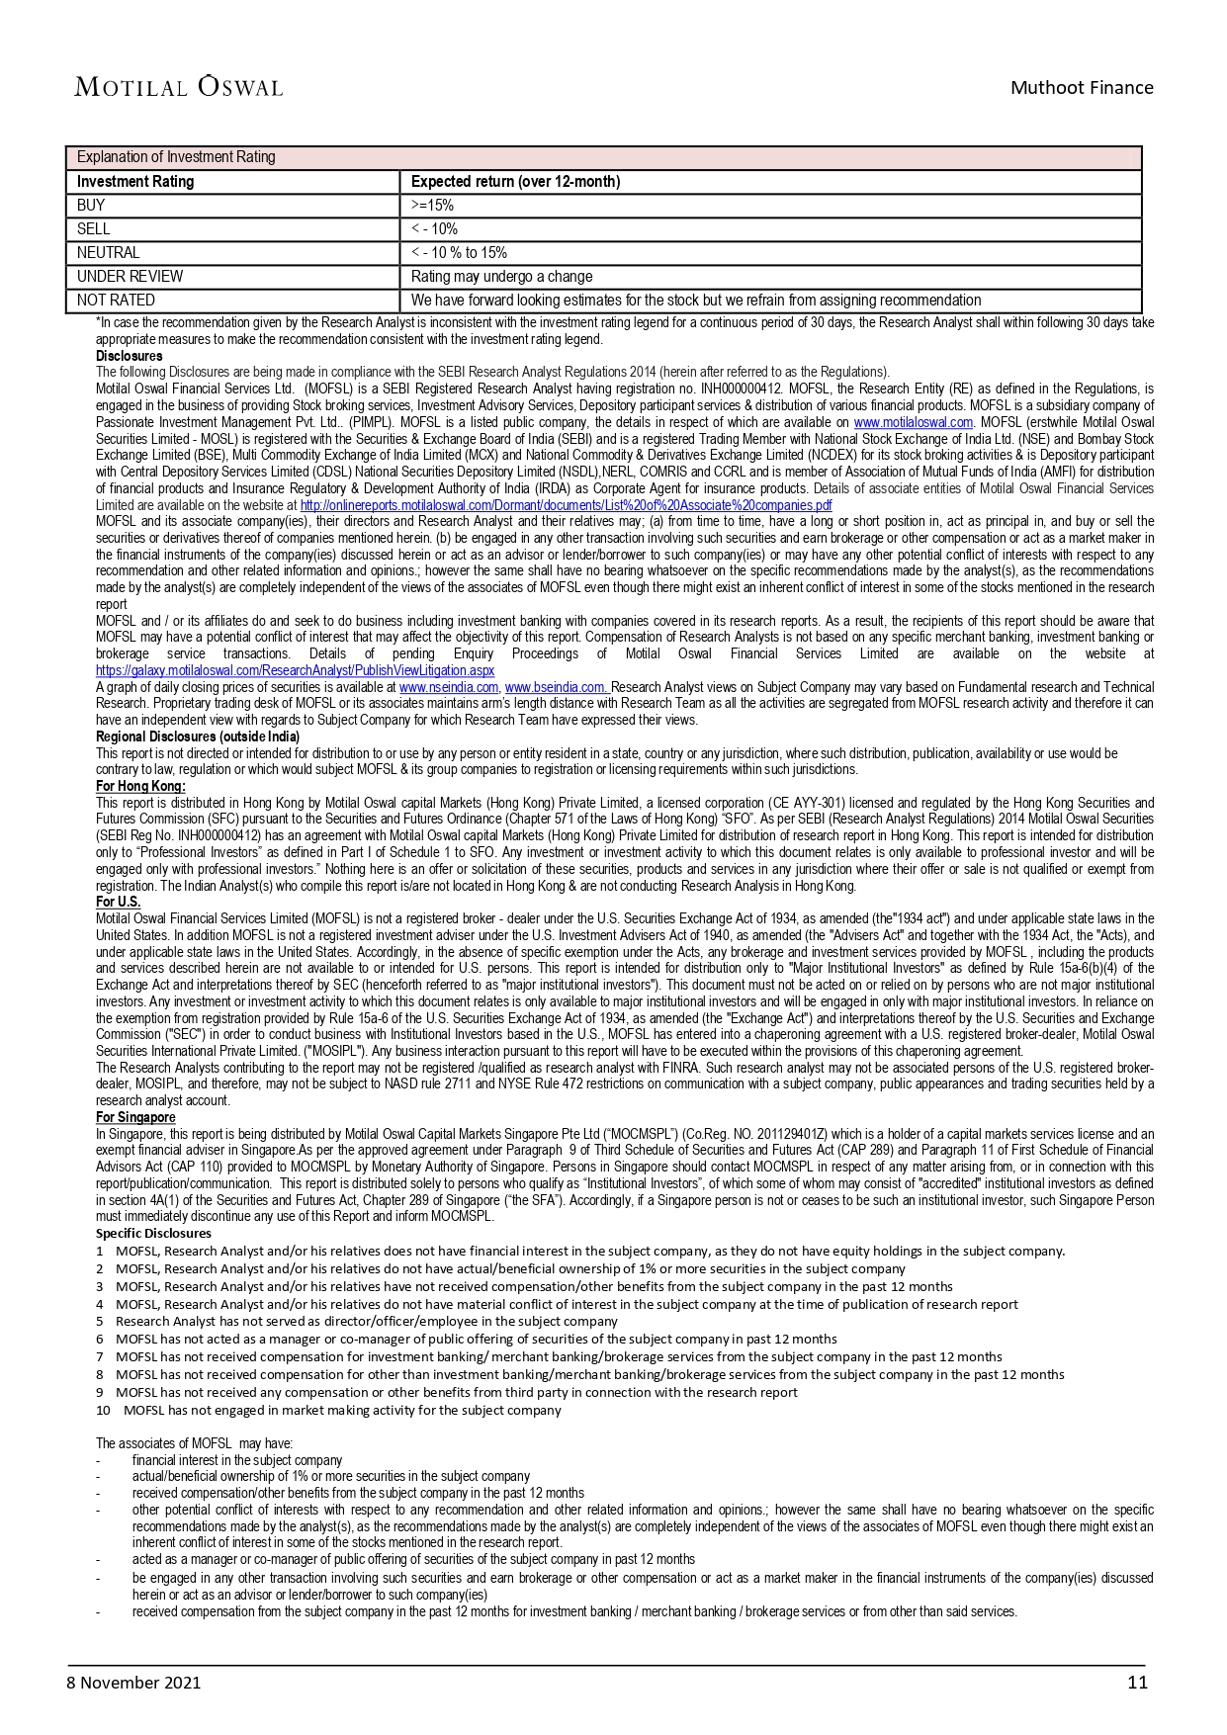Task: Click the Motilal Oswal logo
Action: pos(178,87)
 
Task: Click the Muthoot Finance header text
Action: pos(1081,88)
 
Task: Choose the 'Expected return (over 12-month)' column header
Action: pos(515,182)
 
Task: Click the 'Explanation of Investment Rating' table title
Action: pos(176,157)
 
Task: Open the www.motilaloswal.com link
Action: pos(914,422)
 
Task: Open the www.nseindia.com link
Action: pos(449,687)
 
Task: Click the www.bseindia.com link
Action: pos(556,687)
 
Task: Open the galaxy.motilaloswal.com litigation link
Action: pos(295,670)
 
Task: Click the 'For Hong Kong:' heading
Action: pos(140,786)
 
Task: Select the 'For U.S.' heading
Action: pos(118,902)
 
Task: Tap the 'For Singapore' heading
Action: pos(135,1117)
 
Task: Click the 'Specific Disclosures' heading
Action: pos(153,1233)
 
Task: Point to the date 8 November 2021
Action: pos(133,1682)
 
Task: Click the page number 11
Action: pos(1137,1682)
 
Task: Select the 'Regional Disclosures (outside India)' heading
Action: pos(198,737)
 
